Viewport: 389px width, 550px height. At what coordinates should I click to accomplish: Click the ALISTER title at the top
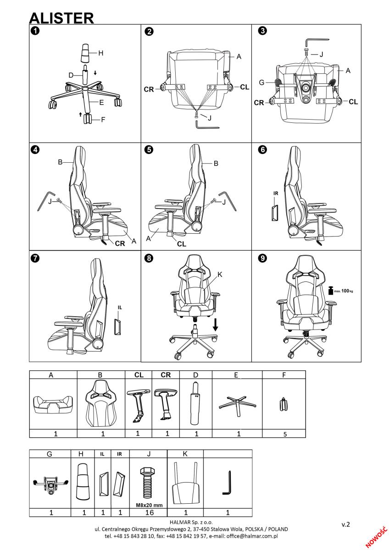tap(61, 18)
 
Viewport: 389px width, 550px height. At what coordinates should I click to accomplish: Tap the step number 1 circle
tap(35, 31)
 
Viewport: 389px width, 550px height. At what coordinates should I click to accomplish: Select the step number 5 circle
tap(149, 150)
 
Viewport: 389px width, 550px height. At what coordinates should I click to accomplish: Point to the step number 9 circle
tap(263, 258)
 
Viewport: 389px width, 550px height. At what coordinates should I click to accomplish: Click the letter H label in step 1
tap(101, 53)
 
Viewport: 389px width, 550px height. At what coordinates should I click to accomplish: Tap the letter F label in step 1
tap(103, 120)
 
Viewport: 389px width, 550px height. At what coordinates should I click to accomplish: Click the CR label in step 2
tap(149, 89)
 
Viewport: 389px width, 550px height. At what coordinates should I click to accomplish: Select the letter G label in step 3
tap(262, 82)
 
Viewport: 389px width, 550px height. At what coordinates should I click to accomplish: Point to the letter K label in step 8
tap(220, 275)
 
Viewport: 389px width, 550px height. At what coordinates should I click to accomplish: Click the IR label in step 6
tap(276, 193)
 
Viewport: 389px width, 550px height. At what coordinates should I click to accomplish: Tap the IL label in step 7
tap(120, 308)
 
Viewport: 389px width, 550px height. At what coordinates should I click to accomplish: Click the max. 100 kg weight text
tap(344, 291)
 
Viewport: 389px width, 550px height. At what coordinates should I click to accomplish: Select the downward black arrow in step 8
tap(215, 324)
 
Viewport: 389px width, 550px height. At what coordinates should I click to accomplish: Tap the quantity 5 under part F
tap(285, 434)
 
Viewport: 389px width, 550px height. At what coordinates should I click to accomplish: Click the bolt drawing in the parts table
tap(147, 484)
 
